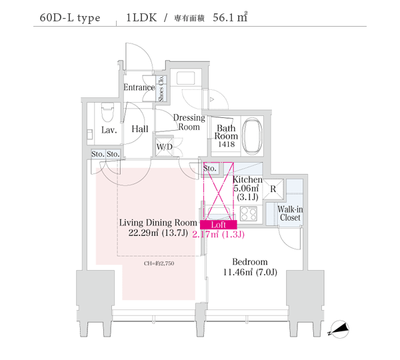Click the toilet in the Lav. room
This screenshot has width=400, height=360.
point(107,113)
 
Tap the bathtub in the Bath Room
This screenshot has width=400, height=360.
point(252,136)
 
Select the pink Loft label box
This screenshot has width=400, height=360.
point(219,225)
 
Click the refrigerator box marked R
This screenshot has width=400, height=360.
point(273,189)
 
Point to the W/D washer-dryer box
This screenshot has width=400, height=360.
point(165,147)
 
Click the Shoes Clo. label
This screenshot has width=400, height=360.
point(161,89)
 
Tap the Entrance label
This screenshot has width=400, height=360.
point(139,87)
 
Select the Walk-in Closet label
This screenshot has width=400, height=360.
point(290,213)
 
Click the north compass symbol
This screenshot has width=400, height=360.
point(339,329)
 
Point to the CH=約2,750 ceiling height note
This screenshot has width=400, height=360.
point(159,263)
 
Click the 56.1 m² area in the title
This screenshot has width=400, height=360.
point(230,17)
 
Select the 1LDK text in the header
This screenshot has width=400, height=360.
point(141,17)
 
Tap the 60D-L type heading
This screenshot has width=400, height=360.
point(70,18)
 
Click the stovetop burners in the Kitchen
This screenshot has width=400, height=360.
point(249,213)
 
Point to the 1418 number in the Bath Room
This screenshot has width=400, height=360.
point(226,144)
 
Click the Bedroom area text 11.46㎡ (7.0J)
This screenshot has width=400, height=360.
point(250,272)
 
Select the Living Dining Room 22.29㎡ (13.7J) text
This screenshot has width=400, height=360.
point(158,227)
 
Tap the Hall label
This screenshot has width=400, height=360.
point(140,129)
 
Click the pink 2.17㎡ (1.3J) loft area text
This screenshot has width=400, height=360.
point(219,234)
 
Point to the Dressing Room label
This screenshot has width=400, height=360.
point(189,122)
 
